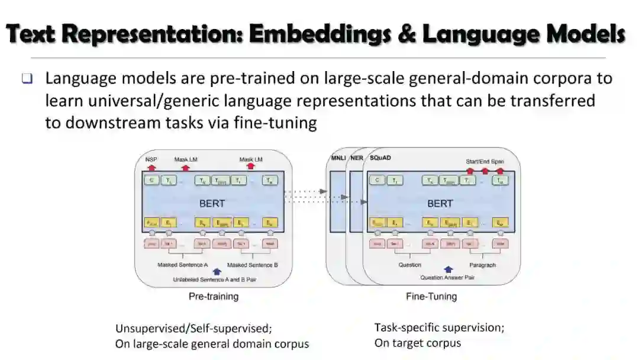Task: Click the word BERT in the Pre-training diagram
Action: (212, 203)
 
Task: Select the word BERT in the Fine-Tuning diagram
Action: (440, 203)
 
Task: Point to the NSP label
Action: (151, 159)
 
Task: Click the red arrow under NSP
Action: (151, 168)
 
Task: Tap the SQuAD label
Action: (380, 159)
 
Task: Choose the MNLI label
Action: (338, 159)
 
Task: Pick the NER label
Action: (357, 159)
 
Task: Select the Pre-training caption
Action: (213, 296)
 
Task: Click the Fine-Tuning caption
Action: (431, 296)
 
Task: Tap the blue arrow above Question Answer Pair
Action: (448, 269)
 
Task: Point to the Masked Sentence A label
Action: (183, 265)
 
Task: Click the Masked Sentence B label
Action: (253, 265)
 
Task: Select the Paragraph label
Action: (483, 265)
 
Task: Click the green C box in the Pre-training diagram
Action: (151, 181)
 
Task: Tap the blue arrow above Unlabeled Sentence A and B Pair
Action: (217, 272)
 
